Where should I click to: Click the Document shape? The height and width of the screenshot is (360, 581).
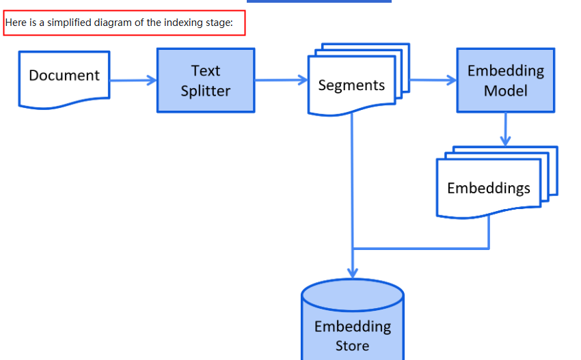tap(64, 77)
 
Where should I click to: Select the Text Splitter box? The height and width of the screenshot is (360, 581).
tap(206, 81)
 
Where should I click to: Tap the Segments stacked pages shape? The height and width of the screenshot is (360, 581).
tap(351, 85)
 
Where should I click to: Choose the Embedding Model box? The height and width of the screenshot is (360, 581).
tap(505, 81)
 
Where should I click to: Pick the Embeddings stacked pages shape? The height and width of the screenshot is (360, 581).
tap(488, 188)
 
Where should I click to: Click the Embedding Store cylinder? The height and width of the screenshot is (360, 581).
tap(353, 324)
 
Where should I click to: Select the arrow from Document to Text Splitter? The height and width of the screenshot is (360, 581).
tap(133, 81)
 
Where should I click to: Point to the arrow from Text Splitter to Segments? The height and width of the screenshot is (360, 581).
tap(281, 80)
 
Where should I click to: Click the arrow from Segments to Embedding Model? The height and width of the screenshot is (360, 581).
tap(433, 80)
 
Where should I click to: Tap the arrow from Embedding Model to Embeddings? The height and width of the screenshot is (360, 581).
tap(505, 129)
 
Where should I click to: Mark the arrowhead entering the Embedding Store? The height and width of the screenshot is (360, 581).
tap(353, 271)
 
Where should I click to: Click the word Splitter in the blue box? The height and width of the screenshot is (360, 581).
tap(206, 91)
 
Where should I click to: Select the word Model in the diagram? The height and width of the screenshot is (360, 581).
tap(505, 91)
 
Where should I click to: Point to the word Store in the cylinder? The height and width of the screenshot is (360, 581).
tap(353, 346)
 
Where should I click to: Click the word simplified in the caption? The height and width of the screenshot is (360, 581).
tap(70, 23)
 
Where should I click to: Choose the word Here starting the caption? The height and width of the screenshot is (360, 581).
tap(16, 23)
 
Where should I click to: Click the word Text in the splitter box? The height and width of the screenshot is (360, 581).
tap(206, 70)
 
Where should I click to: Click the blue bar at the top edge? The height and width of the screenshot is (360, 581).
tap(319, 1)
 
